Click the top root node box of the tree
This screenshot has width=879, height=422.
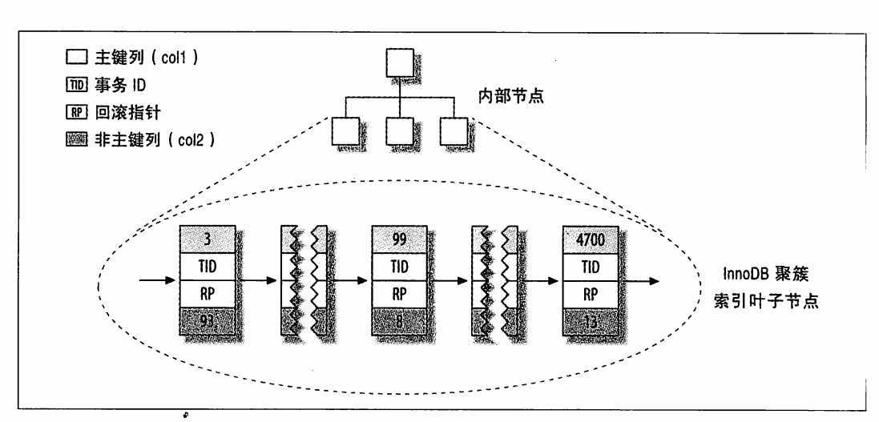coord(400,62)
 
